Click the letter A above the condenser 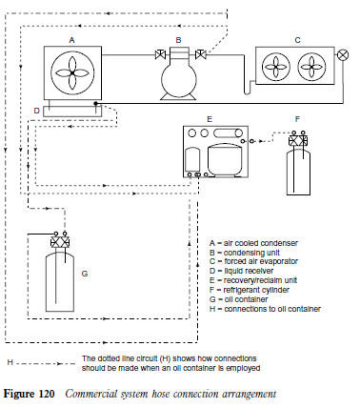coord(72,40)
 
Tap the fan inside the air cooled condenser coord(72,73)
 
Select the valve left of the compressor coord(160,54)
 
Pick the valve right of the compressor coord(200,54)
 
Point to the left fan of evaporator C coord(276,67)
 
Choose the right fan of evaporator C coord(311,67)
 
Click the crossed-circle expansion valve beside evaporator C coord(343,55)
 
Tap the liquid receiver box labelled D coord(72,111)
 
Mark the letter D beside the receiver coord(37,111)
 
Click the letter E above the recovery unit coord(210,119)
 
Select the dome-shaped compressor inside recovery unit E coord(225,158)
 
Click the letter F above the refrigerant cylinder coord(297,119)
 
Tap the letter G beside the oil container coord(85,274)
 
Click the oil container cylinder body coord(60,281)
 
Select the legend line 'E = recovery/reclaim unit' coord(253,280)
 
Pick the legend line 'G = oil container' coord(238,299)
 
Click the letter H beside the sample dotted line coord(10,362)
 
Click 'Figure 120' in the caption coord(29,394)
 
